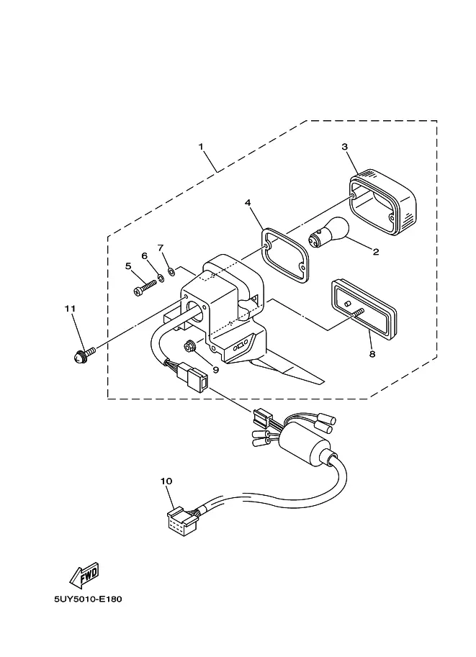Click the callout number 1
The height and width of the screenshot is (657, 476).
coord(201,147)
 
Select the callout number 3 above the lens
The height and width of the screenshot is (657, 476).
coord(344,147)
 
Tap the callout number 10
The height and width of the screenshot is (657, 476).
coord(166,481)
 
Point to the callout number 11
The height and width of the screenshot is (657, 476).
coord(70,309)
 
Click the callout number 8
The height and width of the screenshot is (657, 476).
coord(372,355)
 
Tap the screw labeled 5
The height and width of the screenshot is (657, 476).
coord(145,287)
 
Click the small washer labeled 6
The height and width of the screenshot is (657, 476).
coord(161,277)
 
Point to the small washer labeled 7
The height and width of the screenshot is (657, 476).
coord(171,271)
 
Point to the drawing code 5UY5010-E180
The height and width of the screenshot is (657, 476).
coord(88,599)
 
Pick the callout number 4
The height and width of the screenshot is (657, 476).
coord(248,203)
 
